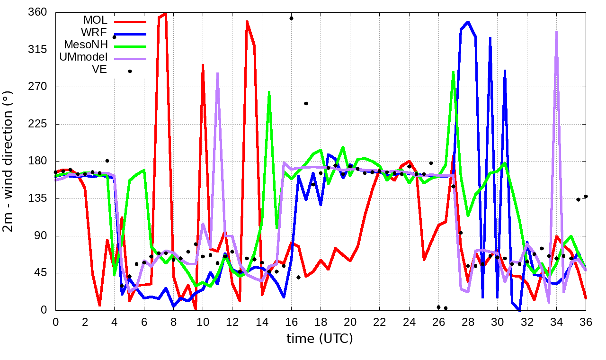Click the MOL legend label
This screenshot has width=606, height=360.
pyautogui.click(x=95, y=20)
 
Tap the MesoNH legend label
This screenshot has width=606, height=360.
pyautogui.click(x=86, y=45)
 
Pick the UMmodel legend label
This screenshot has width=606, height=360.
pyautogui.click(x=83, y=57)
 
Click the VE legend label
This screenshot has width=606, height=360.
pyautogui.click(x=100, y=70)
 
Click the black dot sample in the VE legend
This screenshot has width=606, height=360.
pyautogui.click(x=130, y=71)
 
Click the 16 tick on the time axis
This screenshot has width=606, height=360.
pyautogui.click(x=291, y=321)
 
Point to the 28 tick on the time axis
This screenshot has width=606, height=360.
pyautogui.click(x=468, y=321)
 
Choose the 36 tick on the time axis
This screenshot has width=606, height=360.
pyautogui.click(x=586, y=321)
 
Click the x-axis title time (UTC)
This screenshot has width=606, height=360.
pyautogui.click(x=320, y=338)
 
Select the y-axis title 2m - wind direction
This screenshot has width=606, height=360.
pyautogui.click(x=10, y=161)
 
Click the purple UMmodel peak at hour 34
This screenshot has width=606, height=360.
pyautogui.click(x=556, y=32)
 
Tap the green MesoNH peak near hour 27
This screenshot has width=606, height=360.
pyautogui.click(x=453, y=72)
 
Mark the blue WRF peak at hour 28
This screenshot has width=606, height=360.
pyautogui.click(x=468, y=22)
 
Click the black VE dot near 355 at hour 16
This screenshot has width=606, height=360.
pyautogui.click(x=291, y=18)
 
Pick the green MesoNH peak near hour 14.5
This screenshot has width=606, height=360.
pyautogui.click(x=269, y=92)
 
